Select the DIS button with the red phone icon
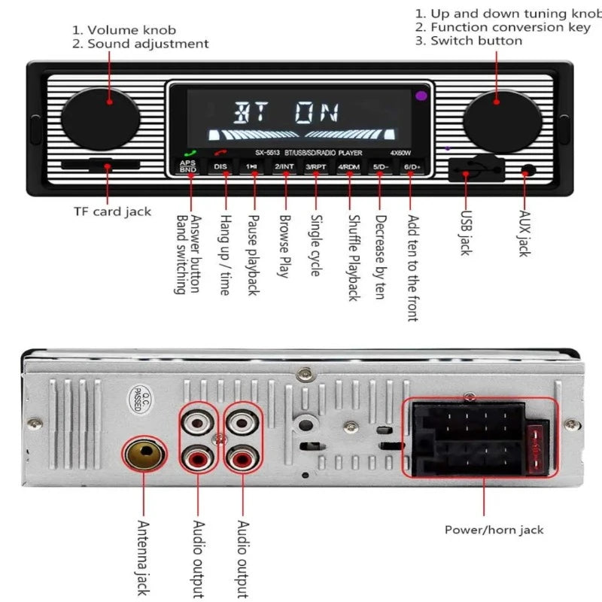(220, 166)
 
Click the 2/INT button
(284, 166)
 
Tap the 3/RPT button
(316, 166)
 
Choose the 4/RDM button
(348, 166)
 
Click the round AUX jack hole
(529, 170)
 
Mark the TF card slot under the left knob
(85, 166)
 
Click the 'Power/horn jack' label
(494, 530)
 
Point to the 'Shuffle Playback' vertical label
(352, 258)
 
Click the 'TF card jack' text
(112, 211)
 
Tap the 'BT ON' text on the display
(286, 113)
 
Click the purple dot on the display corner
(420, 96)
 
